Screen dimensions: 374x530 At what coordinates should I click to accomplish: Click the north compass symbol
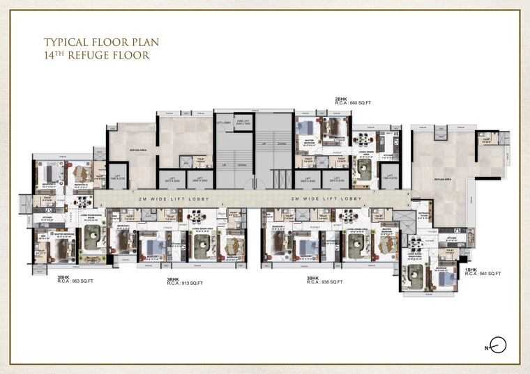497,343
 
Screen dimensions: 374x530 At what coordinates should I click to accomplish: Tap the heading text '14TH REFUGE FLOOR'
96,55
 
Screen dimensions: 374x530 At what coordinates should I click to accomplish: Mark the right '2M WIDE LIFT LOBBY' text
328,199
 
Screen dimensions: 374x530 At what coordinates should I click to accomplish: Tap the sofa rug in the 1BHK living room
415,273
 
